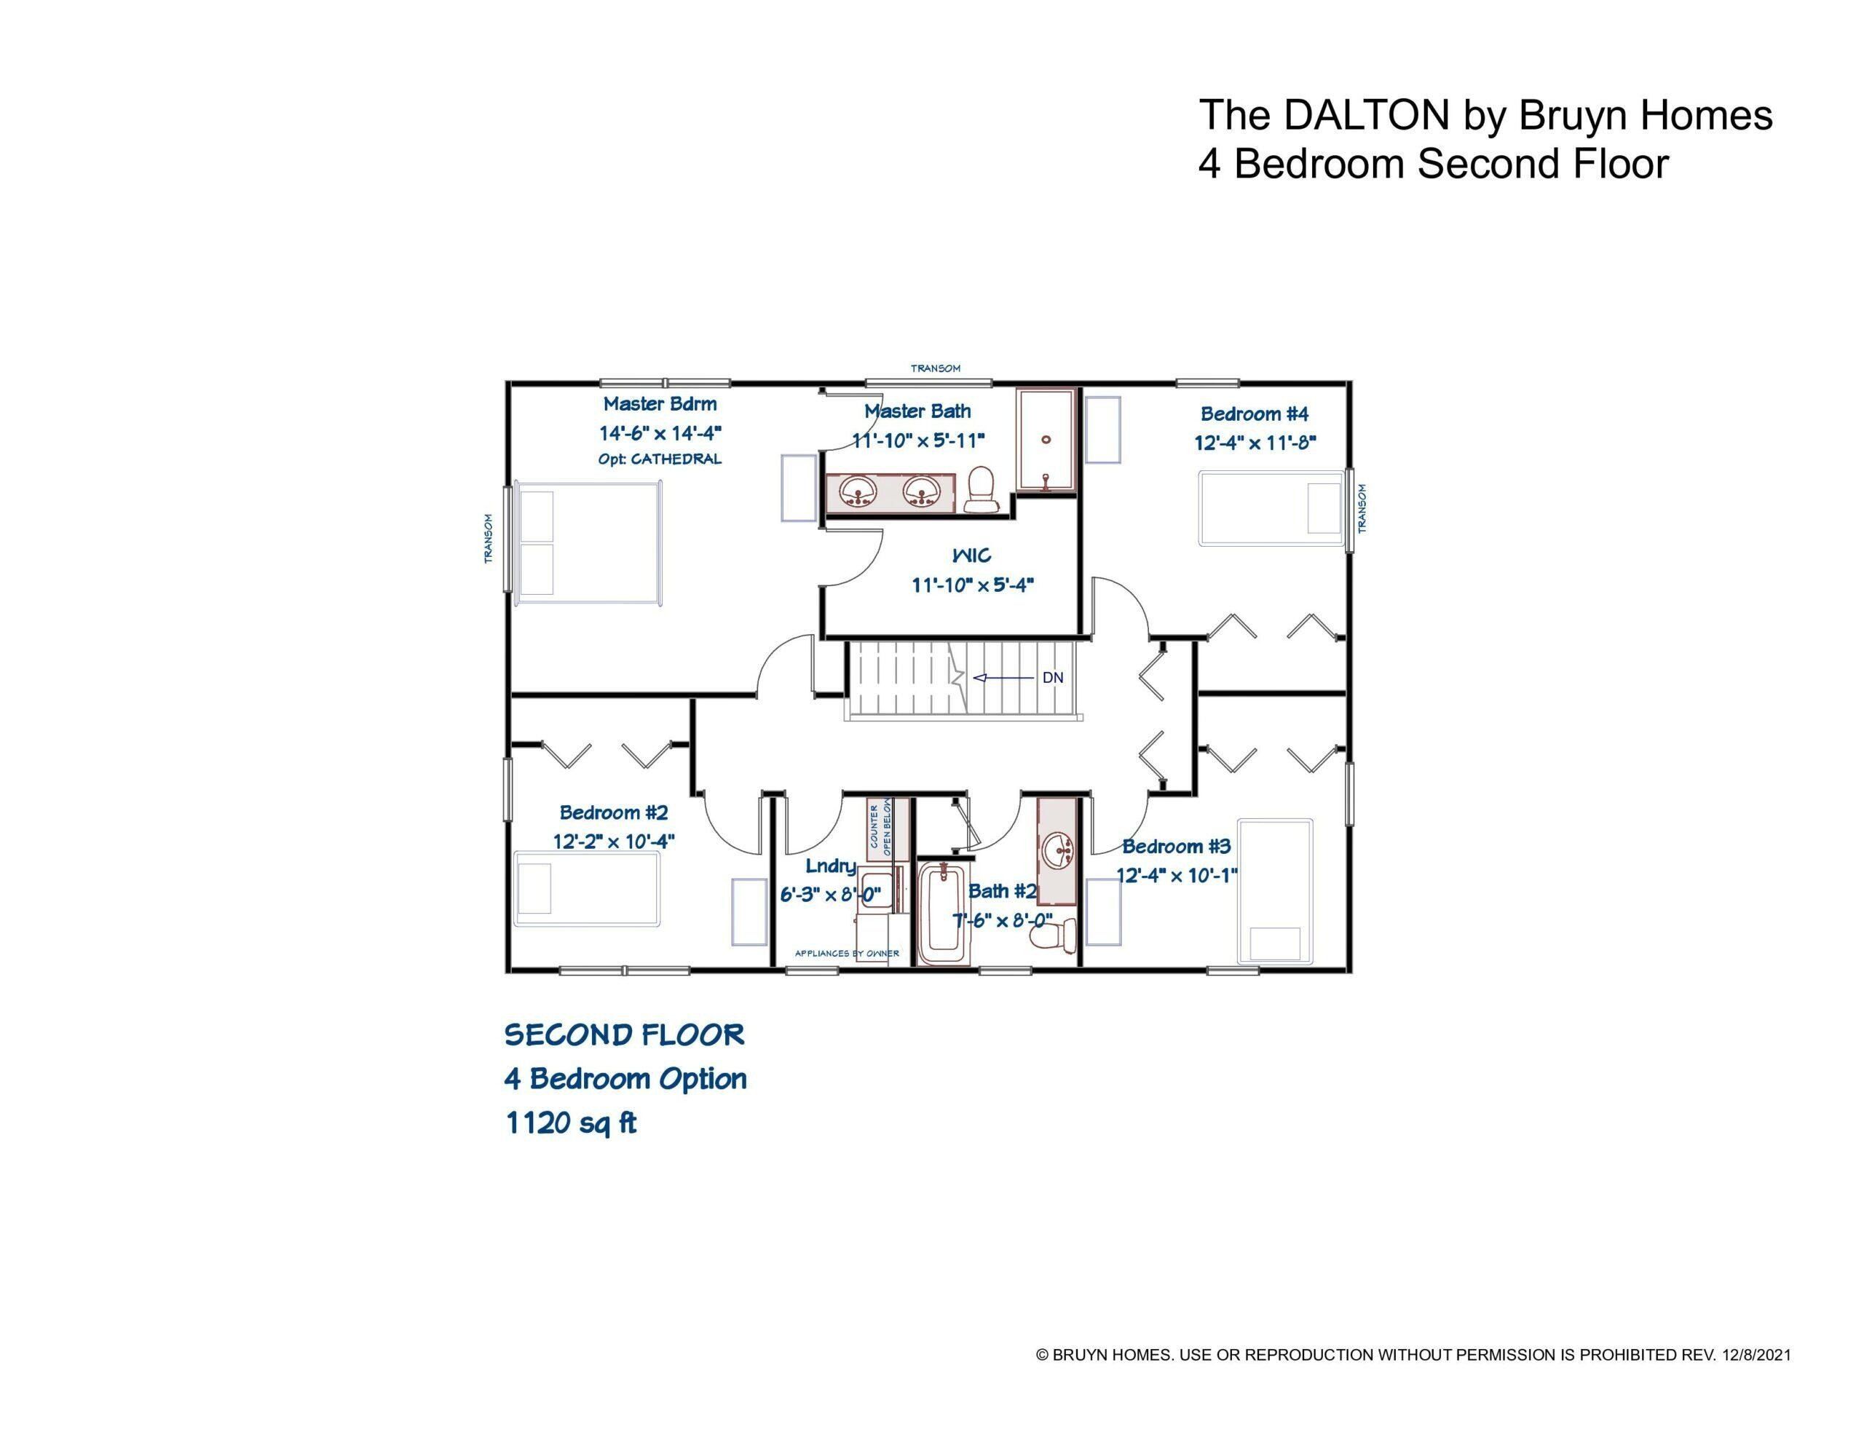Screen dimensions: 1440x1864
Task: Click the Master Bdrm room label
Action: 660,404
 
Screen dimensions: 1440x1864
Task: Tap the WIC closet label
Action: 971,555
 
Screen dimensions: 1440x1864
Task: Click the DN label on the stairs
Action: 1052,678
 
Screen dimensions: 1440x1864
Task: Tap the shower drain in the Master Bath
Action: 1046,440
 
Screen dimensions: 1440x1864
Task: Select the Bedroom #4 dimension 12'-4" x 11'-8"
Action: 1254,443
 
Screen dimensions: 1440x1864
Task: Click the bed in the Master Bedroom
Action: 589,543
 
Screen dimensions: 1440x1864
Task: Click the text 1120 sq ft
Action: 571,1123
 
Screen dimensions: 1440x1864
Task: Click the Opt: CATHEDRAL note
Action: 659,459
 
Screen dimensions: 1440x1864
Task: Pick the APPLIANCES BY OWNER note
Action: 847,954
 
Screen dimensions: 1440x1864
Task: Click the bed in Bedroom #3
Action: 1275,891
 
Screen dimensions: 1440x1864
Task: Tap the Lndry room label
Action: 831,866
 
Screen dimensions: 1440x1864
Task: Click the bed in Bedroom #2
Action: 587,889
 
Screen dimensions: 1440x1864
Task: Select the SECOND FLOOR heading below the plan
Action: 624,1035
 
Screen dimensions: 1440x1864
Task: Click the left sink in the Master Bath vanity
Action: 856,491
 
